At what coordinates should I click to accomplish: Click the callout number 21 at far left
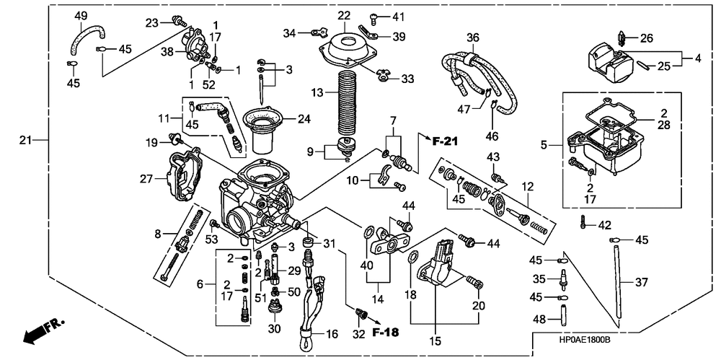tap(25, 140)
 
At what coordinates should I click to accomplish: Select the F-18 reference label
tap(385, 331)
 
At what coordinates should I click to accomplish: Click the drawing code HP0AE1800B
tap(584, 339)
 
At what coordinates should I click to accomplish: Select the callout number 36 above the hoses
tap(473, 38)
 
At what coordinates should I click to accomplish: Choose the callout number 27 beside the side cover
tap(147, 178)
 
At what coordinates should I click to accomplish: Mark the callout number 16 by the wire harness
tap(332, 333)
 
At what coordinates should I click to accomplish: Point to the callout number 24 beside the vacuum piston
tap(304, 119)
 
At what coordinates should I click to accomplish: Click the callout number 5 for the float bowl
tap(544, 146)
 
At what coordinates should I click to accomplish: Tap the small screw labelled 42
tap(584, 223)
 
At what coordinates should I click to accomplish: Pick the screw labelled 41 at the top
tap(373, 19)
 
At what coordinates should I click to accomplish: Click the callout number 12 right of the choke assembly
tap(528, 187)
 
